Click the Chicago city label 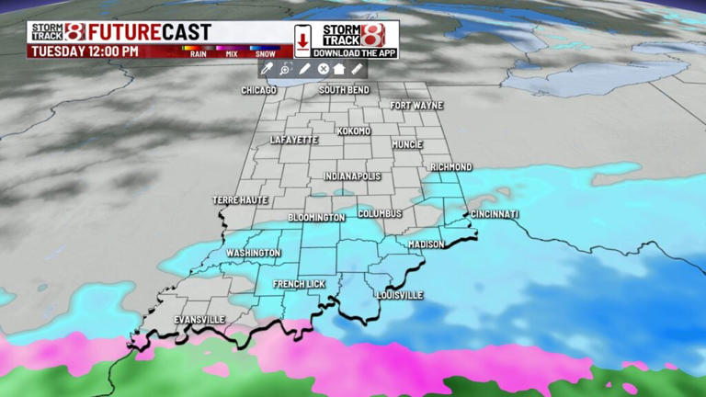[x=259, y=90]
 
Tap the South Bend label [x=345, y=90]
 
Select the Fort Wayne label [x=416, y=106]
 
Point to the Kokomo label [x=354, y=131]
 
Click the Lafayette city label [x=294, y=140]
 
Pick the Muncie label [x=406, y=145]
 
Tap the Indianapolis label [x=352, y=176]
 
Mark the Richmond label [x=450, y=167]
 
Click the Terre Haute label [x=240, y=200]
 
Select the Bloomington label [x=316, y=218]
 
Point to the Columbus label [x=380, y=213]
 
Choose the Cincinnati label [x=495, y=214]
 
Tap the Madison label [x=427, y=244]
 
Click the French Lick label [x=299, y=285]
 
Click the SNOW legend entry [x=265, y=52]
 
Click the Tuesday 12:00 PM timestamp [x=85, y=51]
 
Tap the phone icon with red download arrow [x=302, y=40]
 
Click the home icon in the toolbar [x=339, y=69]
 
